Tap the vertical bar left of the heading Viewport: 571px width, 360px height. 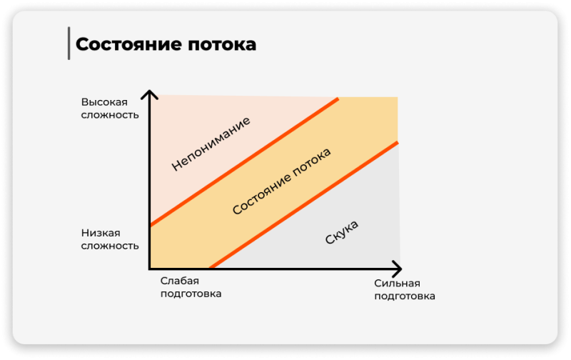click(x=69, y=43)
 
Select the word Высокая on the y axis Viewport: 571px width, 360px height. click(x=104, y=102)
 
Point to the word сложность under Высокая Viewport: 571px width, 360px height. click(x=110, y=115)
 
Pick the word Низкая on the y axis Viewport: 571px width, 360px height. click(x=101, y=233)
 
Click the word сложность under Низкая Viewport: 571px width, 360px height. click(x=110, y=246)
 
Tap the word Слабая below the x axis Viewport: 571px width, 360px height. click(x=180, y=281)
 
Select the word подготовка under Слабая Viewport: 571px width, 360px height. click(x=191, y=294)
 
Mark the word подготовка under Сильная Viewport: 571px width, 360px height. click(x=405, y=296)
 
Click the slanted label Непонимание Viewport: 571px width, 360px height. click(x=211, y=144)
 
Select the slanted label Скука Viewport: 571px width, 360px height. click(x=342, y=232)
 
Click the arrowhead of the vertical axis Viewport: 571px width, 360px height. click(x=149, y=94)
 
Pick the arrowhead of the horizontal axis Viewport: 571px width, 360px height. click(x=398, y=269)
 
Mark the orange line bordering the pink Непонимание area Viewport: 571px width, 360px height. click(x=244, y=161)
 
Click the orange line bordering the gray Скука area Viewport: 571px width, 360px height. click(x=304, y=205)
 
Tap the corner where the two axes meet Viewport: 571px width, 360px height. click(x=149, y=269)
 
